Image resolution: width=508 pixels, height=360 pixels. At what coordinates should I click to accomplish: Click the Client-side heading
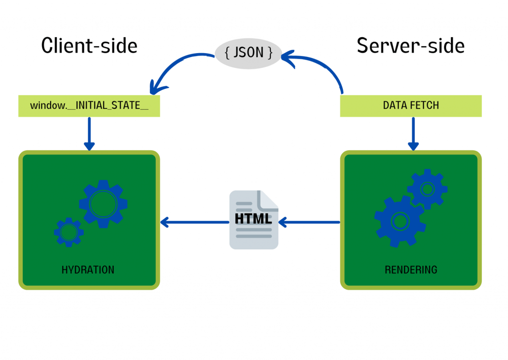pyautogui.click(x=89, y=46)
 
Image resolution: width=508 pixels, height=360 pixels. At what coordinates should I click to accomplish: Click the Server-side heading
pyautogui.click(x=411, y=46)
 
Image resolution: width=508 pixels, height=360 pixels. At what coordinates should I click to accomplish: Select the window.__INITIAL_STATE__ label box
pyautogui.click(x=89, y=106)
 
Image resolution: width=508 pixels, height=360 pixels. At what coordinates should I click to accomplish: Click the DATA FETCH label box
pyautogui.click(x=411, y=106)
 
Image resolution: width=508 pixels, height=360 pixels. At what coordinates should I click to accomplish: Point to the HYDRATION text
pyautogui.click(x=88, y=270)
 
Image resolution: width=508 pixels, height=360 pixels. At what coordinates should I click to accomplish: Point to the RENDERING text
pyautogui.click(x=411, y=270)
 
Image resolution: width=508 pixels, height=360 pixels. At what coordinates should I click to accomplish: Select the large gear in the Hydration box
pyautogui.click(x=103, y=203)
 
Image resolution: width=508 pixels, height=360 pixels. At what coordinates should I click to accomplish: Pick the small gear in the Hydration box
pyautogui.click(x=68, y=232)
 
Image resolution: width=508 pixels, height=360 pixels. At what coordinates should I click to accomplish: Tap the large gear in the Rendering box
pyautogui.click(x=399, y=221)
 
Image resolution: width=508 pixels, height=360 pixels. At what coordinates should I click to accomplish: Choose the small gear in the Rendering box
pyautogui.click(x=427, y=188)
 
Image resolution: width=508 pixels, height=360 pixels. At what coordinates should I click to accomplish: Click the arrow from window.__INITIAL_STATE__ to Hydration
pyautogui.click(x=89, y=133)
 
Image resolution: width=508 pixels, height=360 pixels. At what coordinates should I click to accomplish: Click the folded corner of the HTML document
pyautogui.click(x=269, y=200)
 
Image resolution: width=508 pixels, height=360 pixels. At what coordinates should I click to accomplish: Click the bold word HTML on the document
pyautogui.click(x=254, y=219)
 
